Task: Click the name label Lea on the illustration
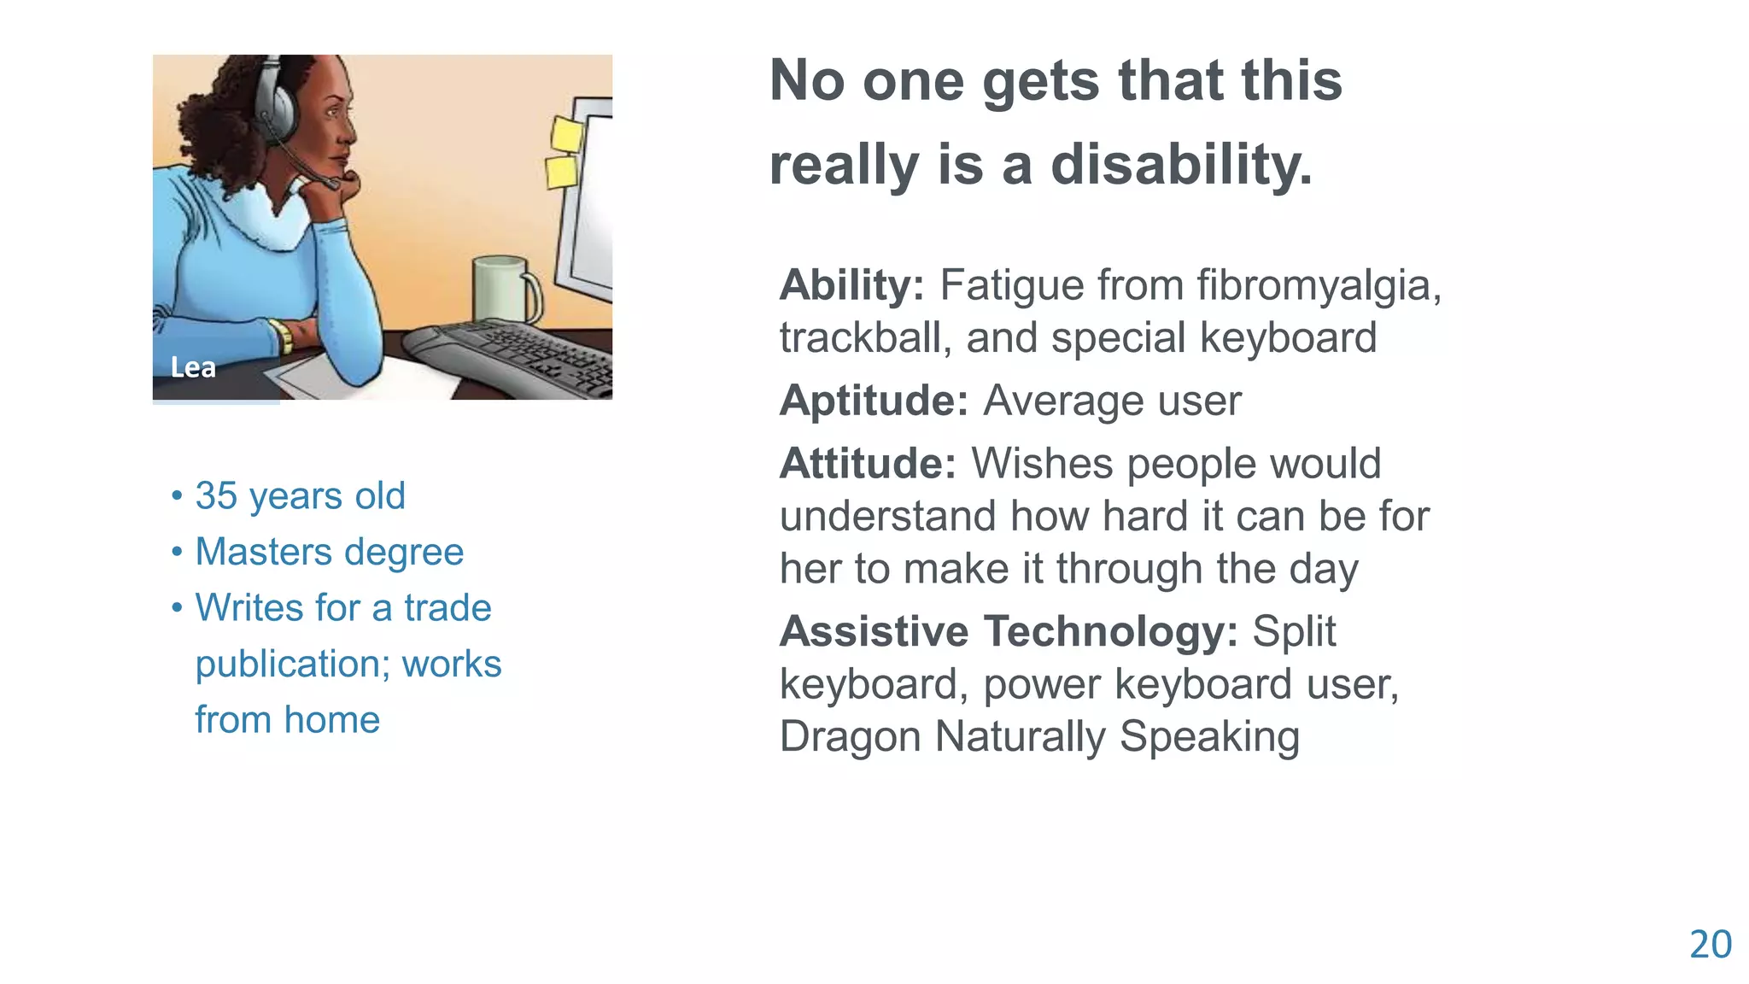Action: coord(193,367)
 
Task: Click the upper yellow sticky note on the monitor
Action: coord(566,134)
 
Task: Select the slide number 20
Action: coord(1710,945)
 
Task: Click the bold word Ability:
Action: coord(851,285)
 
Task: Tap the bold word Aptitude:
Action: coord(874,401)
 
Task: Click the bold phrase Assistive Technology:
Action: coord(1009,631)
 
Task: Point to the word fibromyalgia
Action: coord(1318,285)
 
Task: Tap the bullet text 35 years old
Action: coord(300,495)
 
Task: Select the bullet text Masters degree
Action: coord(329,552)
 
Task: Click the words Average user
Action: coord(1112,401)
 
